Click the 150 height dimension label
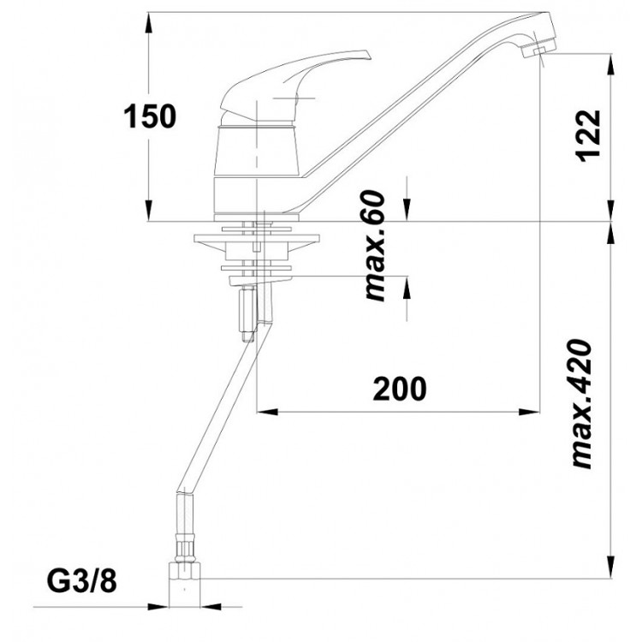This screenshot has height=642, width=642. coord(150,116)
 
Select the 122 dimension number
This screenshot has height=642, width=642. coord(588,136)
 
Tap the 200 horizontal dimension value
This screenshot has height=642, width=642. coord(399,388)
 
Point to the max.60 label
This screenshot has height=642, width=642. coord(375,246)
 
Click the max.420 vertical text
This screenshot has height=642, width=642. coord(581,403)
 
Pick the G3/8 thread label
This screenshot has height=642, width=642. coord(82,581)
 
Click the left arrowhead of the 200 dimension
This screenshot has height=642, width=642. coord(267,412)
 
